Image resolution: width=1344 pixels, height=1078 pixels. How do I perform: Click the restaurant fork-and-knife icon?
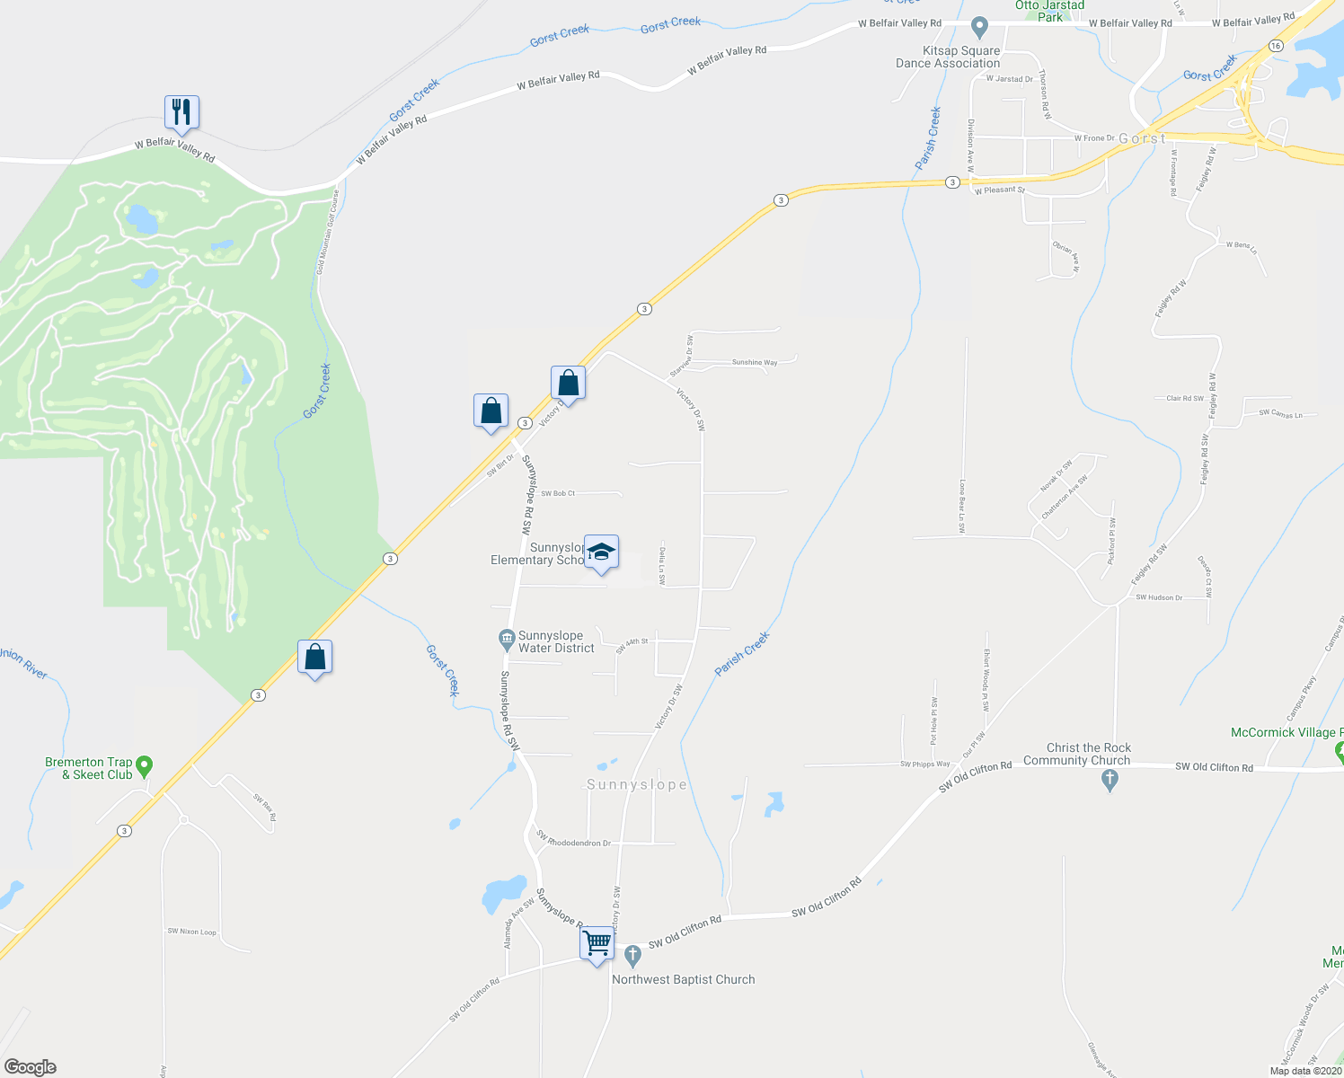click(181, 112)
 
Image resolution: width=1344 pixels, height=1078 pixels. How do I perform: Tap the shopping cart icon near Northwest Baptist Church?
click(597, 944)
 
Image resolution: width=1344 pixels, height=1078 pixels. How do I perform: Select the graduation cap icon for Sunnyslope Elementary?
click(601, 552)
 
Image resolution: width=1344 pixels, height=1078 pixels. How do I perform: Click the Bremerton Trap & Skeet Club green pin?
click(144, 767)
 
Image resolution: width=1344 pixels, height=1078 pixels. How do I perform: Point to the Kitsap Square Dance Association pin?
click(980, 27)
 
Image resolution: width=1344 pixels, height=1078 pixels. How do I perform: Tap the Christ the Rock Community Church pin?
click(1110, 780)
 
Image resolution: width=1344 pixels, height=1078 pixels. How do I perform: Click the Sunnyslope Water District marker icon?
click(507, 641)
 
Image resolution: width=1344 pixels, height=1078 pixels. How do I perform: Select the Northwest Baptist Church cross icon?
click(632, 953)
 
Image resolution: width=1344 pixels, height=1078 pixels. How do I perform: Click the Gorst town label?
click(1142, 139)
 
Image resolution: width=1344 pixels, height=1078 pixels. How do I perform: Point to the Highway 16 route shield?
click(1275, 45)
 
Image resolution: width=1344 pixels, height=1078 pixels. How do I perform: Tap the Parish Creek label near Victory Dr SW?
click(742, 654)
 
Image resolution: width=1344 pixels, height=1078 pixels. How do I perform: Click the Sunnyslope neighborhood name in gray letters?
click(636, 785)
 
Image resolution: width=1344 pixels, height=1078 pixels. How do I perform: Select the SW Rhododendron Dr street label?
click(573, 842)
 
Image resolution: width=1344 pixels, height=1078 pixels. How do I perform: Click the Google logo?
click(31, 1066)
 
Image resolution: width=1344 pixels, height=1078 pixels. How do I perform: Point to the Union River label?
click(23, 663)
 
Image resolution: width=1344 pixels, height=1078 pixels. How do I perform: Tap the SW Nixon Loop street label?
click(191, 932)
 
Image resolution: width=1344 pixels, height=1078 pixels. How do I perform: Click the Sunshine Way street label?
click(755, 363)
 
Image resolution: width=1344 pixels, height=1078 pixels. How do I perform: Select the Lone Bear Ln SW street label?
click(961, 506)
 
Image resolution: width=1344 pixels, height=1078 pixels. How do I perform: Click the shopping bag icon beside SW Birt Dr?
click(491, 411)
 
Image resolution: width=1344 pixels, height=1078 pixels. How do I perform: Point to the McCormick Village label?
click(1285, 733)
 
